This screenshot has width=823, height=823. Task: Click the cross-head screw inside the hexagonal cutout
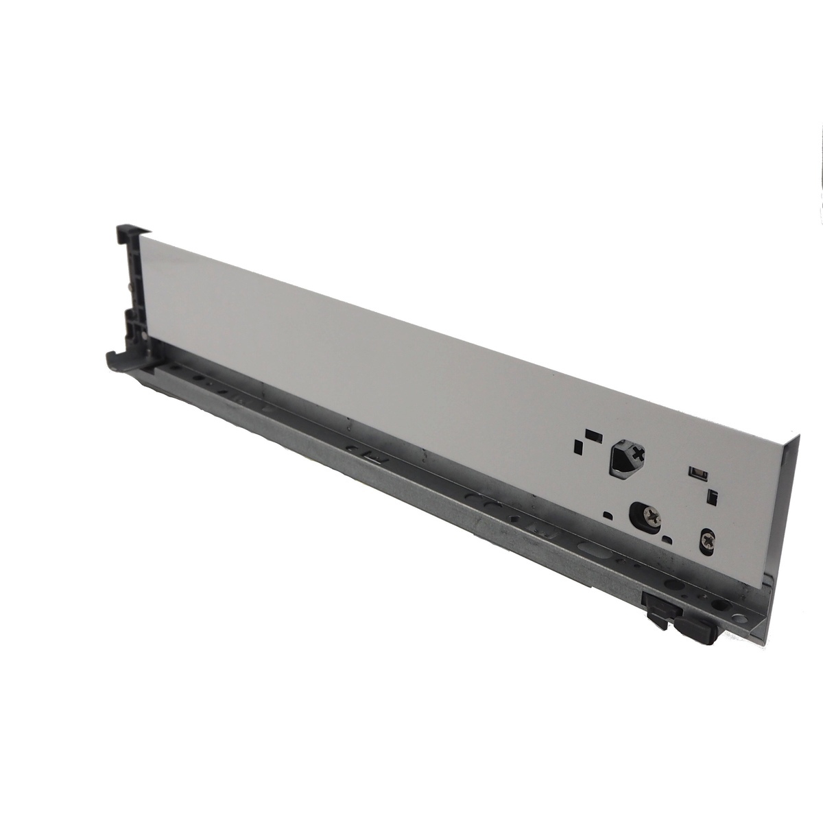click(x=639, y=453)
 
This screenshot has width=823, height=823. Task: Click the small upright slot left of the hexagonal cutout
click(x=579, y=447)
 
